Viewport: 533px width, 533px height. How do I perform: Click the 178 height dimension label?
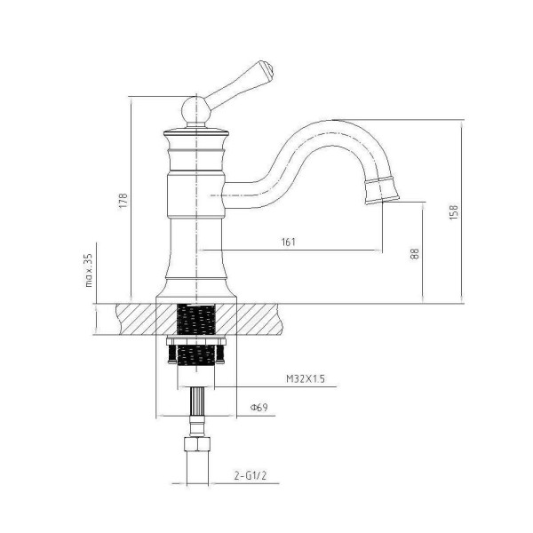pos(123,201)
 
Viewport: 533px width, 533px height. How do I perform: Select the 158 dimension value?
pos(454,211)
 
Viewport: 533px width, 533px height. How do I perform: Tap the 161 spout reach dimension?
pos(289,242)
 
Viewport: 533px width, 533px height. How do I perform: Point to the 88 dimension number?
pos(415,253)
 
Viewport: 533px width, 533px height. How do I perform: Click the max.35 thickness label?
pos(88,270)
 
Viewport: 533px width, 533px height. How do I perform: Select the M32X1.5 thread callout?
pos(306,378)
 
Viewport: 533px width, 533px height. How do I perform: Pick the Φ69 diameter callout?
pos(259,407)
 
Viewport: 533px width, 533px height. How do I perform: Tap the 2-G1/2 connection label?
pos(251,475)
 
